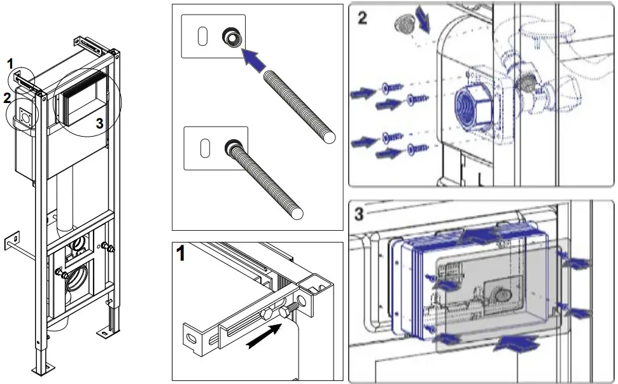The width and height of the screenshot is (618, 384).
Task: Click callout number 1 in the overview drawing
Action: (x=10, y=62)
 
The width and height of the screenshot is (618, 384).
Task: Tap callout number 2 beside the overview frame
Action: (x=8, y=98)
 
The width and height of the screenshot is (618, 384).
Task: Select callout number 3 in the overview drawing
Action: (x=99, y=123)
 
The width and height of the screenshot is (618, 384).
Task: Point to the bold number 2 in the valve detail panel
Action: (x=362, y=18)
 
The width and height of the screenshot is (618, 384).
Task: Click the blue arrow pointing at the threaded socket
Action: (x=254, y=62)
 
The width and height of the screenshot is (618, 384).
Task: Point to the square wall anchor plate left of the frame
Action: (x=12, y=241)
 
